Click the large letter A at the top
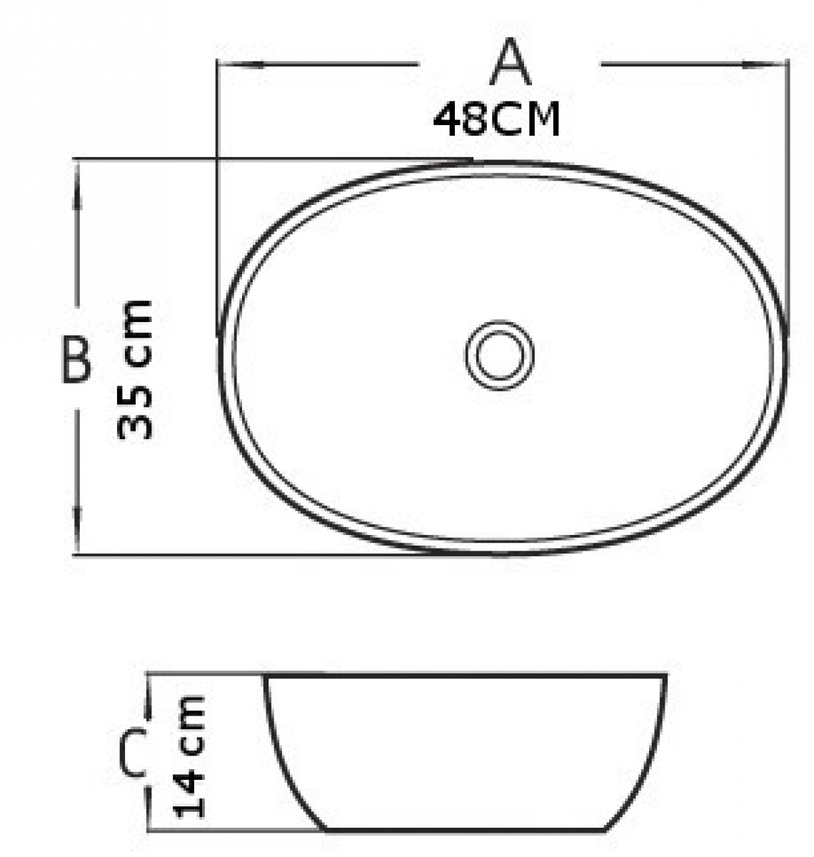[x=510, y=62]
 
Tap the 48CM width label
[x=496, y=119]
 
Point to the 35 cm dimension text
[x=135, y=369]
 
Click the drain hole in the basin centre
[x=499, y=355]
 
